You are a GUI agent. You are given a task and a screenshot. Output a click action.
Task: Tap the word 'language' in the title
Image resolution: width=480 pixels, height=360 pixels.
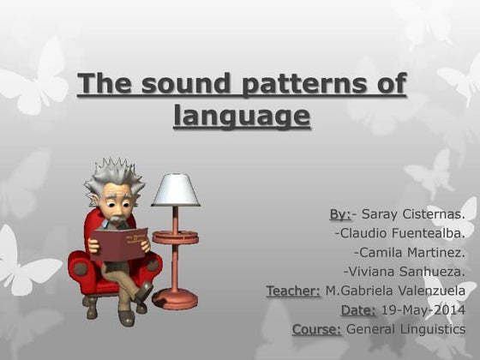[241, 116]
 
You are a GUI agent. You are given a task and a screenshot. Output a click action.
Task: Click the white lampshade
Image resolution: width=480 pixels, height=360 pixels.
[175, 190]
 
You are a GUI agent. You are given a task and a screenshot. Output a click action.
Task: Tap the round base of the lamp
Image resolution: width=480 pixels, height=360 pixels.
[174, 300]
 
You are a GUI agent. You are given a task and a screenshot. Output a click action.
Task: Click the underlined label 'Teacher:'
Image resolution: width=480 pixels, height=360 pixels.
[293, 291]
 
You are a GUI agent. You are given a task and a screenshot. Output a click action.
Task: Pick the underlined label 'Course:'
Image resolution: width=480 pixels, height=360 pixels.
[316, 329]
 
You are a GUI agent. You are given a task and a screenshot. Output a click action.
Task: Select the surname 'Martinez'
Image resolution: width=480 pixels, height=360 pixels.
[434, 252]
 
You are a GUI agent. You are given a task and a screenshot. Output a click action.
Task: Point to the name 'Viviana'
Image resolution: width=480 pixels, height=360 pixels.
[371, 271]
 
